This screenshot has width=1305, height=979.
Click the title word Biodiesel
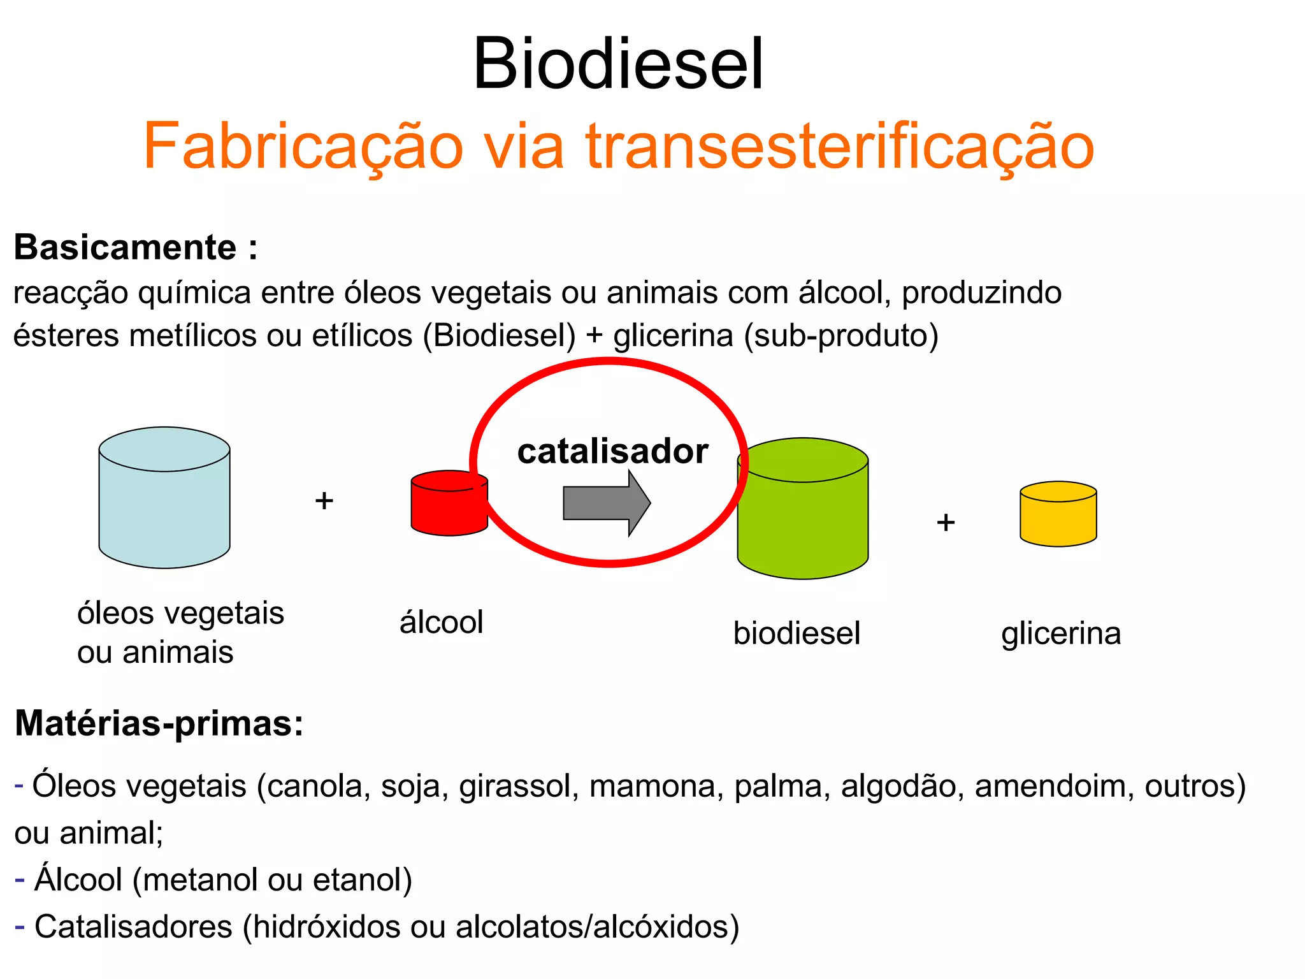click(617, 64)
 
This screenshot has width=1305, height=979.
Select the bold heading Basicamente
click(126, 247)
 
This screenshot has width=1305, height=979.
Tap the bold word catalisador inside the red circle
click(612, 451)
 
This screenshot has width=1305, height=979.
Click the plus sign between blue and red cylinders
click(324, 501)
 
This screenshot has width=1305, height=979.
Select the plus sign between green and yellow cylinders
click(946, 523)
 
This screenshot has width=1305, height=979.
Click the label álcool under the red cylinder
click(441, 622)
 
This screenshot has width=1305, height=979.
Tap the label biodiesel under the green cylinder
click(797, 634)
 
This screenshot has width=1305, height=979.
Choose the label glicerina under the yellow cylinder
click(1061, 634)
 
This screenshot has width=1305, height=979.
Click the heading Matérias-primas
click(159, 723)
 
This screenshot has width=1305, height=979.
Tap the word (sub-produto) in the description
click(841, 336)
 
